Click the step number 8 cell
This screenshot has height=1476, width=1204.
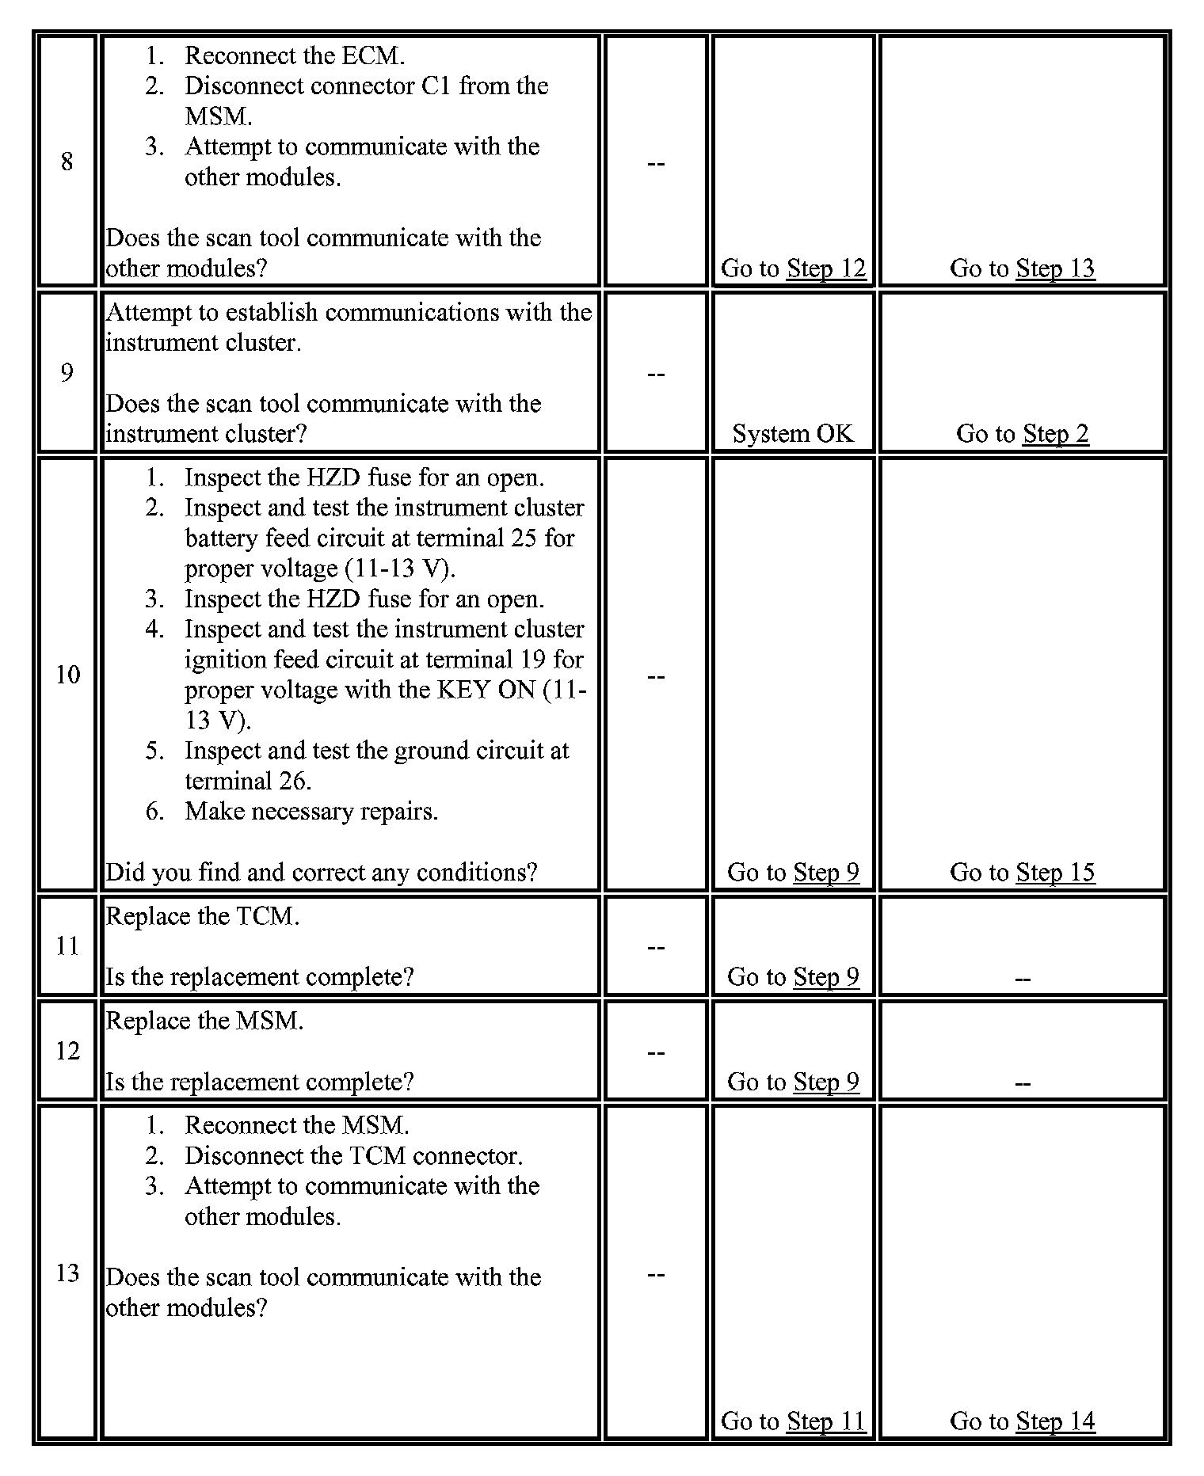67,162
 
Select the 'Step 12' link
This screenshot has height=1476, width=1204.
826,268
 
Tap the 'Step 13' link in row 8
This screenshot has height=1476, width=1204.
1055,268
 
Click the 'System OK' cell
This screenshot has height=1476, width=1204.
793,434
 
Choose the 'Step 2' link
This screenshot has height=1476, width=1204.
1055,434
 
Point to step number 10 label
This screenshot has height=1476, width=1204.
67,675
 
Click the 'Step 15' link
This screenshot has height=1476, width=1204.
1055,873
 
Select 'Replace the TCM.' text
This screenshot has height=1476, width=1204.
203,916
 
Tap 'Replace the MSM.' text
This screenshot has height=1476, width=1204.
204,1021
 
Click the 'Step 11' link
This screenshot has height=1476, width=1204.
826,1421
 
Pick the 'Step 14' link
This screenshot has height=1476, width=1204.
1055,1421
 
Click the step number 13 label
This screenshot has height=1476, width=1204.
67,1272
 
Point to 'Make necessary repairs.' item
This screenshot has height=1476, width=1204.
311,812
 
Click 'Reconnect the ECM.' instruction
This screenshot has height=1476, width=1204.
295,55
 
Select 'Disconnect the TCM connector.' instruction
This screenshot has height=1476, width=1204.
353,1156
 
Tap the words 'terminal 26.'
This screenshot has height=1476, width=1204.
248,782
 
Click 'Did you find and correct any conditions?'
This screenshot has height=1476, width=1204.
322,873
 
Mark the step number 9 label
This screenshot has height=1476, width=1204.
67,372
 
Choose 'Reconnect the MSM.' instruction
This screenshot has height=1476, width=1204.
297,1125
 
